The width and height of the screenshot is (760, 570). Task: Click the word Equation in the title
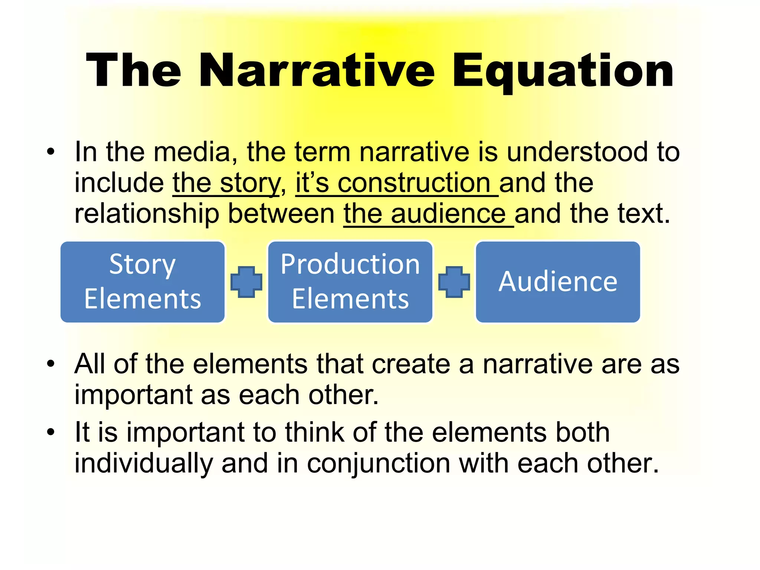(563, 71)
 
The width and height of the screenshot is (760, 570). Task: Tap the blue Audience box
(558, 282)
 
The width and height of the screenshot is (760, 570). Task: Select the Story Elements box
(142, 282)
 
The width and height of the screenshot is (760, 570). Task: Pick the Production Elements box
(350, 282)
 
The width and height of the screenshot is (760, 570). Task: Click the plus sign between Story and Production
(246, 282)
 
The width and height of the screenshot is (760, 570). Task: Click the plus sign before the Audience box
(454, 282)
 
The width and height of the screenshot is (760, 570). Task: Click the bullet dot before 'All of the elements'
(51, 363)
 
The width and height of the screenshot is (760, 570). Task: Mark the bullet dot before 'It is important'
(51, 432)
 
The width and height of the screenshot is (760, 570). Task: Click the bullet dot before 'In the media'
(51, 152)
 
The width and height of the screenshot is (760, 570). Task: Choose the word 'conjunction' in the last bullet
(379, 463)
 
